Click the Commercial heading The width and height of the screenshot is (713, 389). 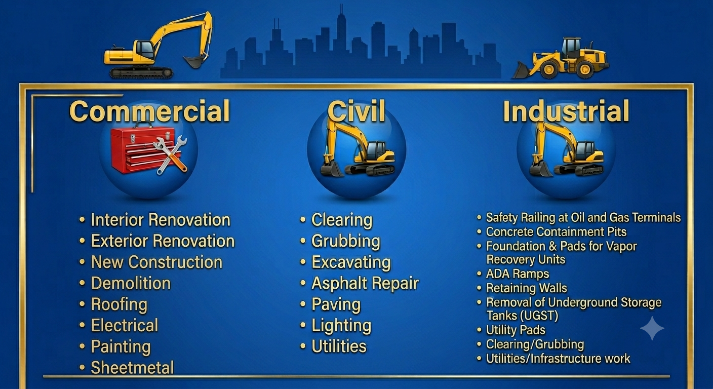point(149,111)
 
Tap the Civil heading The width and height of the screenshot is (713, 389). point(356,111)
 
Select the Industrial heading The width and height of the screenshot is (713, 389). point(566,111)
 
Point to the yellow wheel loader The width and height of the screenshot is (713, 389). point(561,59)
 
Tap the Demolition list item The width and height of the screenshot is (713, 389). point(131,283)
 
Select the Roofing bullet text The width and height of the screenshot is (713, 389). point(119,304)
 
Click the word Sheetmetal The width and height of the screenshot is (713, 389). point(132,368)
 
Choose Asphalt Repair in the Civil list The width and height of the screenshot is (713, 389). point(365,283)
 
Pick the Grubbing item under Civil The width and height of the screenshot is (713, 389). point(346,241)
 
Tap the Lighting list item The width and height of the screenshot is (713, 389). point(341,326)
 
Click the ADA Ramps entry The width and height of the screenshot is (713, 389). point(518,274)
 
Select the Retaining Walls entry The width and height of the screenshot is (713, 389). point(527,288)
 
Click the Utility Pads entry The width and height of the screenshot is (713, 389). point(516,330)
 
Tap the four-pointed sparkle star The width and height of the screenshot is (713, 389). point(652,328)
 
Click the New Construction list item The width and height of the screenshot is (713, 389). point(156,262)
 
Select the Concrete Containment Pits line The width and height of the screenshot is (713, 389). point(556,232)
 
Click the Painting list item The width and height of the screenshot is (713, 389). point(121,346)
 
